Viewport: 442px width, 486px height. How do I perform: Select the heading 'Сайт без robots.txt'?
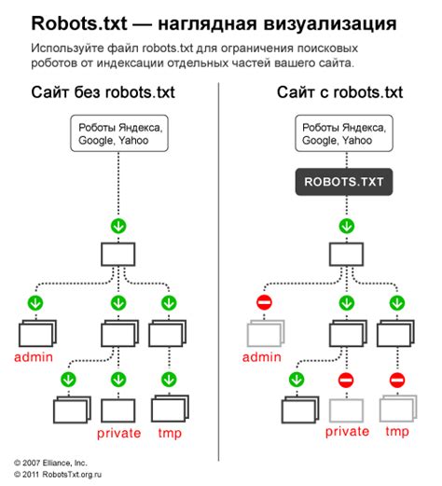click(x=102, y=93)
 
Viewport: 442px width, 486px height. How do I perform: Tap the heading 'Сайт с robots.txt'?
click(x=338, y=93)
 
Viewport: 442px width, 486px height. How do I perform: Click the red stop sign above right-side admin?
click(x=263, y=302)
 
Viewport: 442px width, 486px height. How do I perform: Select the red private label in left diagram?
click(x=117, y=433)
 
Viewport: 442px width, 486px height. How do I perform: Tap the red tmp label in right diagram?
click(x=397, y=433)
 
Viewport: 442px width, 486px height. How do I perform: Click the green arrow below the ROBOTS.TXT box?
click(x=346, y=225)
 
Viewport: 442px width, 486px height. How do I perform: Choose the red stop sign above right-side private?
click(x=346, y=380)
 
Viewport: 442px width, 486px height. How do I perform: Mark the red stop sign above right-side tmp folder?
click(x=396, y=380)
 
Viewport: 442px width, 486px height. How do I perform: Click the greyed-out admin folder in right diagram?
click(x=264, y=333)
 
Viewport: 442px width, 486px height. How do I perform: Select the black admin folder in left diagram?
click(x=35, y=333)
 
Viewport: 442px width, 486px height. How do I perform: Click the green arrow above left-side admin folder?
click(x=35, y=302)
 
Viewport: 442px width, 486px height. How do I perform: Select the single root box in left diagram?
click(x=117, y=253)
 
